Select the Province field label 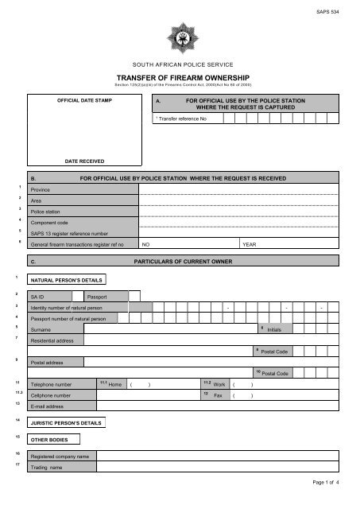point(40,191)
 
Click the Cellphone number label point(51,394)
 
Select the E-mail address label point(48,406)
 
